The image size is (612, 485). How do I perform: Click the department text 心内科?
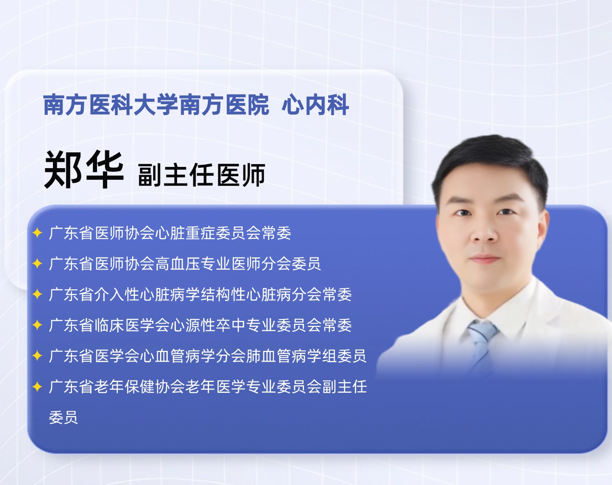coord(315,105)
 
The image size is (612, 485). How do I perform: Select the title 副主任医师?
coord(201,175)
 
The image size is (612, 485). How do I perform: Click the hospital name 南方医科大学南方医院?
coord(156,105)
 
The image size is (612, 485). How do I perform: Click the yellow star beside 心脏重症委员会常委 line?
coord(37,233)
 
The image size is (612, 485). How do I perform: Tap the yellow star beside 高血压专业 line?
coord(37,264)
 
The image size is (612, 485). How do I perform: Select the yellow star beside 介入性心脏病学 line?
coord(37,294)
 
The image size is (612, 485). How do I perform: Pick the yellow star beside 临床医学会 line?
coord(37,325)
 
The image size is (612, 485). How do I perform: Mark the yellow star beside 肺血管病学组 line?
coord(37,356)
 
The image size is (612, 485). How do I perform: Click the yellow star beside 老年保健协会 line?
coord(37,386)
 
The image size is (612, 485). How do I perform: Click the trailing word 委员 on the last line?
coord(63,418)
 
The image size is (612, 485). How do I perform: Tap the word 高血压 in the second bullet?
coord(178,264)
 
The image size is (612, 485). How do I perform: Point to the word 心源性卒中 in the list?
coord(208,325)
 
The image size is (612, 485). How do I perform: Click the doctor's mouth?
coord(485,259)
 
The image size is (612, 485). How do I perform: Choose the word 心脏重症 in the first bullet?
coord(186,233)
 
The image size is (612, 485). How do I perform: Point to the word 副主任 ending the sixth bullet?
coord(344,387)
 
